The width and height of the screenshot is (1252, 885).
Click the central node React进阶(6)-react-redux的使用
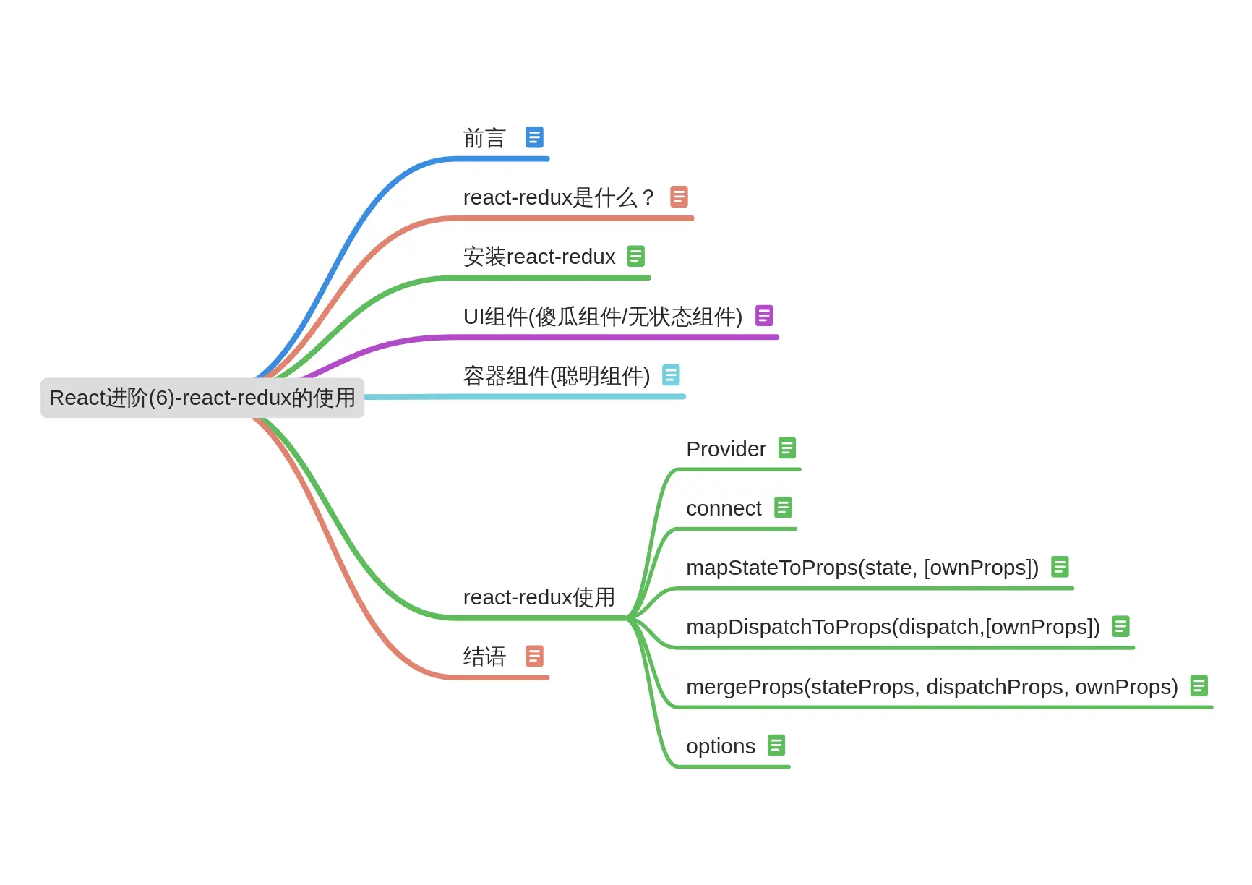point(202,398)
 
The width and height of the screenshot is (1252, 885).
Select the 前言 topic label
point(484,138)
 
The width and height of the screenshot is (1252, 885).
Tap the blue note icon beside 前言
point(534,137)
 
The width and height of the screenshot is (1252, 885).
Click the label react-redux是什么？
point(558,197)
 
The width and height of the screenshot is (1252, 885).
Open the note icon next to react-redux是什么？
point(679,197)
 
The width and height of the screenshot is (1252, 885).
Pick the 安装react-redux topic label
point(539,257)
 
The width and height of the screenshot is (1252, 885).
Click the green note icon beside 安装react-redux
point(635,256)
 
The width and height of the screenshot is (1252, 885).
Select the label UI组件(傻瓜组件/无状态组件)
point(603,317)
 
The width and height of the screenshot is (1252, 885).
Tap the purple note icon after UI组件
point(764,316)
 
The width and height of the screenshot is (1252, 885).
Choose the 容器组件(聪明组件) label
point(557,376)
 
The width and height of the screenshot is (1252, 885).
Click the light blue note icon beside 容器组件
point(671,375)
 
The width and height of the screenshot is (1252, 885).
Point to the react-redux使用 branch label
point(539,597)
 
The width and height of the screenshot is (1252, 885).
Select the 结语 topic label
point(484,657)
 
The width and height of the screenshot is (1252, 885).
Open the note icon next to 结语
point(534,656)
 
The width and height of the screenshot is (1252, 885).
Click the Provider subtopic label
point(726,449)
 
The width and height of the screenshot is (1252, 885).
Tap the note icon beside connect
point(783,508)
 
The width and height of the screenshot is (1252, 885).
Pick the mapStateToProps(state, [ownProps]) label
point(862,568)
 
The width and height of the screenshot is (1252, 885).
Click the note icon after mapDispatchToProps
point(1120,626)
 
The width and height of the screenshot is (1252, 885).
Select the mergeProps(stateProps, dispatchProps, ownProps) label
point(932,687)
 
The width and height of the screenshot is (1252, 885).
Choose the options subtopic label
point(721,746)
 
